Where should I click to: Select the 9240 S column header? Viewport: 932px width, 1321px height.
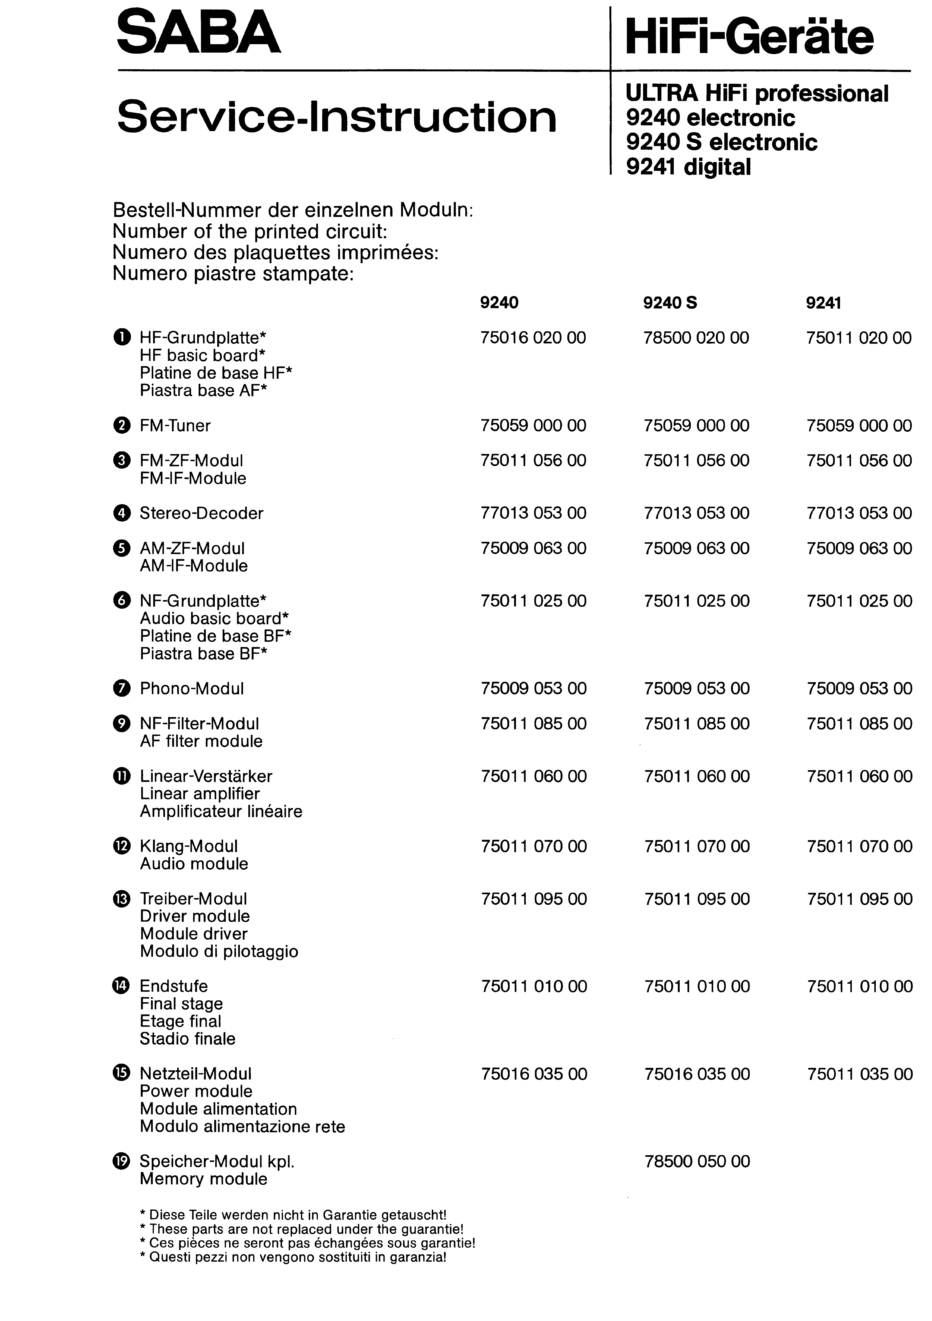pyautogui.click(x=670, y=303)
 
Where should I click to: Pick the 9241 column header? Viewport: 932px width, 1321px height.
pyautogui.click(x=823, y=303)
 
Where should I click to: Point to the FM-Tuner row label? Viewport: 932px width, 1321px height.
pyautogui.click(x=175, y=426)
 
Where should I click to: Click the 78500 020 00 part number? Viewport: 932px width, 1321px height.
pyautogui.click(x=696, y=338)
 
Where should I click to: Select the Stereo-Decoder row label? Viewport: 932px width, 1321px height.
pyautogui.click(x=201, y=513)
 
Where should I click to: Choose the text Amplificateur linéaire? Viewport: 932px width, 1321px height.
pyautogui.click(x=221, y=811)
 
